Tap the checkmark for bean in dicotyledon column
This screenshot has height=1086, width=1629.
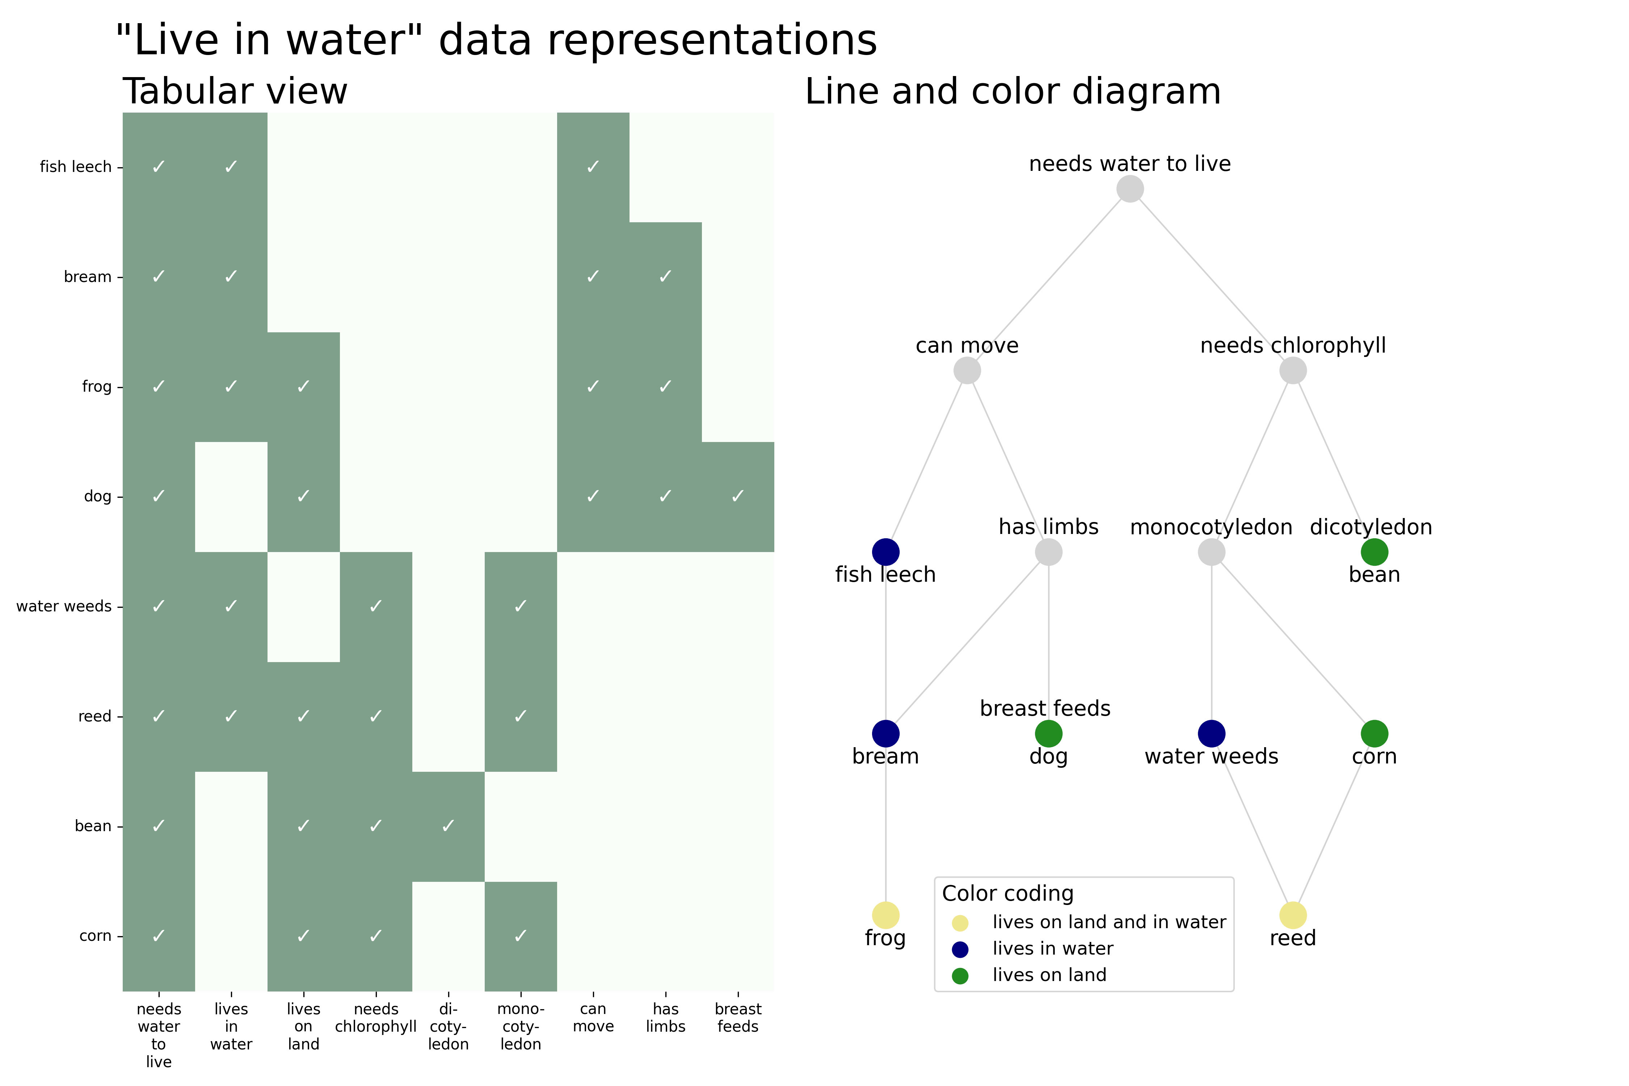(448, 826)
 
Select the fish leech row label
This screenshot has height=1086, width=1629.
(76, 167)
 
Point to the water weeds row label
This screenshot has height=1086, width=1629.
(64, 606)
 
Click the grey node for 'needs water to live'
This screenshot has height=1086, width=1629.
(1130, 189)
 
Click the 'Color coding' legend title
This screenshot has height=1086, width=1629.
(1008, 893)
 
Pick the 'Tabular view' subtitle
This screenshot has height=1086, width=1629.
(235, 92)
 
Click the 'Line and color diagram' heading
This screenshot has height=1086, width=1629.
(1013, 92)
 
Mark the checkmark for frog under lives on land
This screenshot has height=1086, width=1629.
(303, 387)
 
